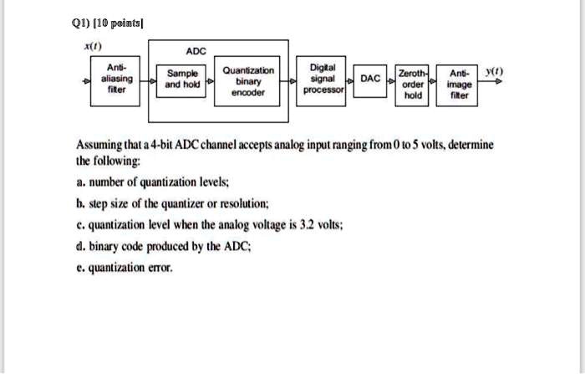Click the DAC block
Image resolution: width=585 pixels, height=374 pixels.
(x=369, y=79)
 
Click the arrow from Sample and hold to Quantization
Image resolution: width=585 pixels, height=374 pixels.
(x=211, y=81)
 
